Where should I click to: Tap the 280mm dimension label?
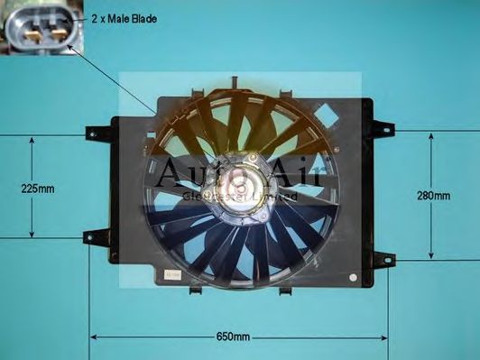pos(434,195)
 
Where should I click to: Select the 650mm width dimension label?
pos(233,337)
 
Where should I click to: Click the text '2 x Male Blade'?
pos(123,18)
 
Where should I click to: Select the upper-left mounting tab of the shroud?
pos(95,133)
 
